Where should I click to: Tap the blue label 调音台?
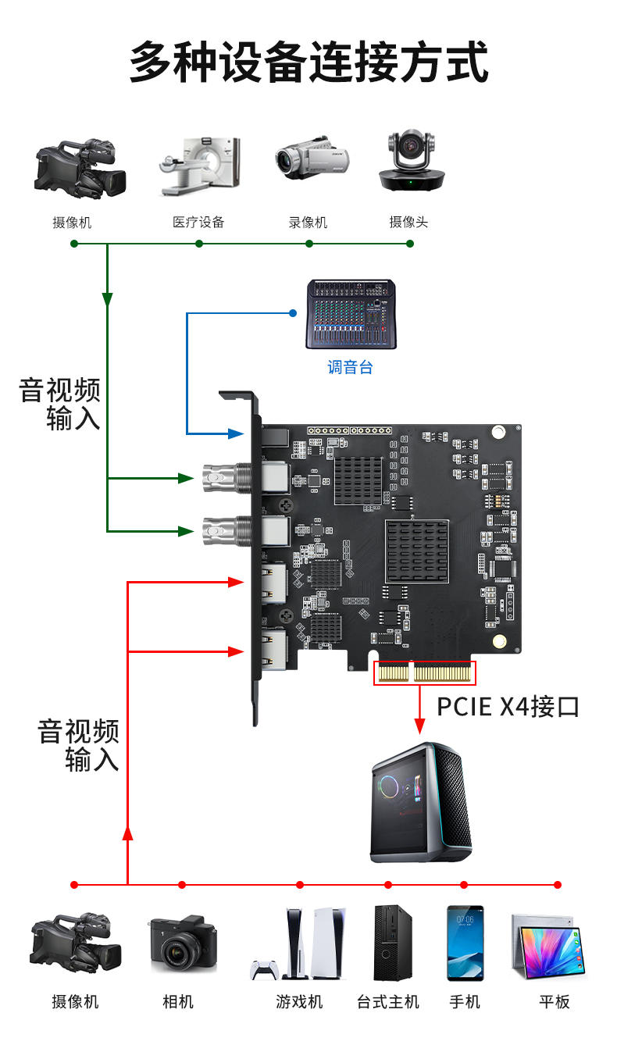350,367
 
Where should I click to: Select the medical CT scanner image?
200,166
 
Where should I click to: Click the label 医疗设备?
198,223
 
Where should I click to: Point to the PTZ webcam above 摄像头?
411,162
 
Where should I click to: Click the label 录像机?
308,223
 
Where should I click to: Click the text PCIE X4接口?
508,707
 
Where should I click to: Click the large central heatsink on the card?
416,551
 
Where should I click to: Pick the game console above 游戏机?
300,943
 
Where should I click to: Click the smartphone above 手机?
465,943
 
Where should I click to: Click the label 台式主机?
388,1002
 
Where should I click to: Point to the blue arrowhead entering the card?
237,433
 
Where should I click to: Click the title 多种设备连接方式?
308,62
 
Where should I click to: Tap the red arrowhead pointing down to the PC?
419,727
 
